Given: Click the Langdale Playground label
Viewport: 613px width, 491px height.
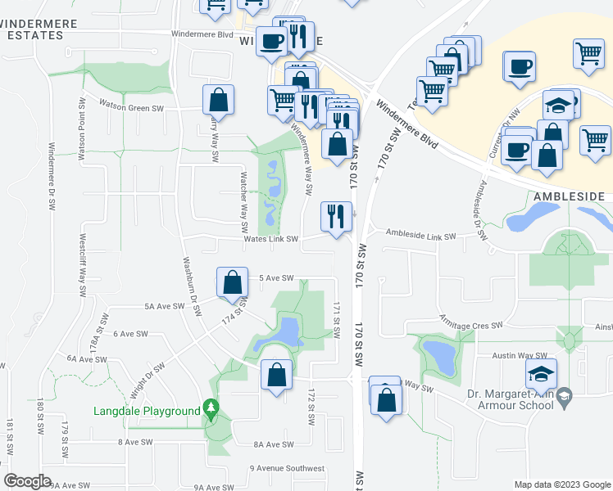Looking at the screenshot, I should coord(147,411).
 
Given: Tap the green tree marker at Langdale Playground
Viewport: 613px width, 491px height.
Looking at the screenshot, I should coord(211,408).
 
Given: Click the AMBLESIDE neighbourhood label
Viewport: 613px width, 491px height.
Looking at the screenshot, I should coord(569,197).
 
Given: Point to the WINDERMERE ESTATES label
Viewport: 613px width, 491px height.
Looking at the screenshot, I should coord(41,30).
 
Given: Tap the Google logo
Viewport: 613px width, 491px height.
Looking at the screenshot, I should coord(27,481).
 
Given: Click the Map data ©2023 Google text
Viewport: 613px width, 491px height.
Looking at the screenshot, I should coord(561,484).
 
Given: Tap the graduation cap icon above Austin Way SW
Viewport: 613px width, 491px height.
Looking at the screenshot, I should coord(541,374).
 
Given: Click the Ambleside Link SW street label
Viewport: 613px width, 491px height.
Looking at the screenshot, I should coord(420,236).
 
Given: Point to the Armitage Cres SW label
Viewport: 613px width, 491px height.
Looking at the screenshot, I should coord(470,326).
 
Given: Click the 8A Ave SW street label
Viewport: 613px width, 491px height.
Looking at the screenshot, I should coord(273,444).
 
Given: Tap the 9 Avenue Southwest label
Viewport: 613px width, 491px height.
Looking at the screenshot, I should coord(287,468).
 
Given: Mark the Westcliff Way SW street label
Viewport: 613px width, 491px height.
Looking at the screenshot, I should coord(83,260).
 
